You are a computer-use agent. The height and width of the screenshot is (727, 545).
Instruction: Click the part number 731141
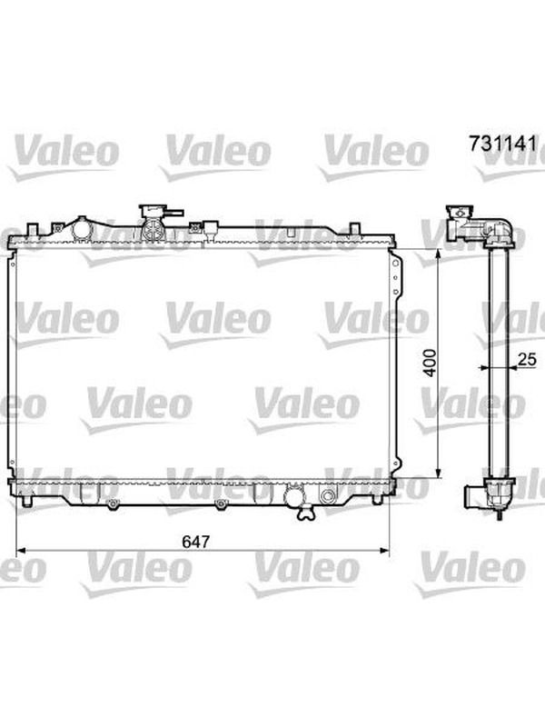503,144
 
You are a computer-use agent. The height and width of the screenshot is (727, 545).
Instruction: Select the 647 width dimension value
195,541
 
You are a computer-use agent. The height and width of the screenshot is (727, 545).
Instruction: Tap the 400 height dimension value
430,363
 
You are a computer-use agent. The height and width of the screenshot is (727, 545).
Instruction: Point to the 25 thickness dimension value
527,359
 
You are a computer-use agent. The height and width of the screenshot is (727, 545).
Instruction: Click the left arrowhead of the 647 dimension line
20,551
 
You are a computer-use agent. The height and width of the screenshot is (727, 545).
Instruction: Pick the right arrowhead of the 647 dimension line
385,551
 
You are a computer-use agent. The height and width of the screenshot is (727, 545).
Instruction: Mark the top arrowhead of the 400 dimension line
438,254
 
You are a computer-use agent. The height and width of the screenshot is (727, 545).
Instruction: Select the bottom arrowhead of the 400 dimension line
438,473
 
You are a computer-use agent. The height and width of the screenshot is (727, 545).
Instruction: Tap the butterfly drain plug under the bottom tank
306,513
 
